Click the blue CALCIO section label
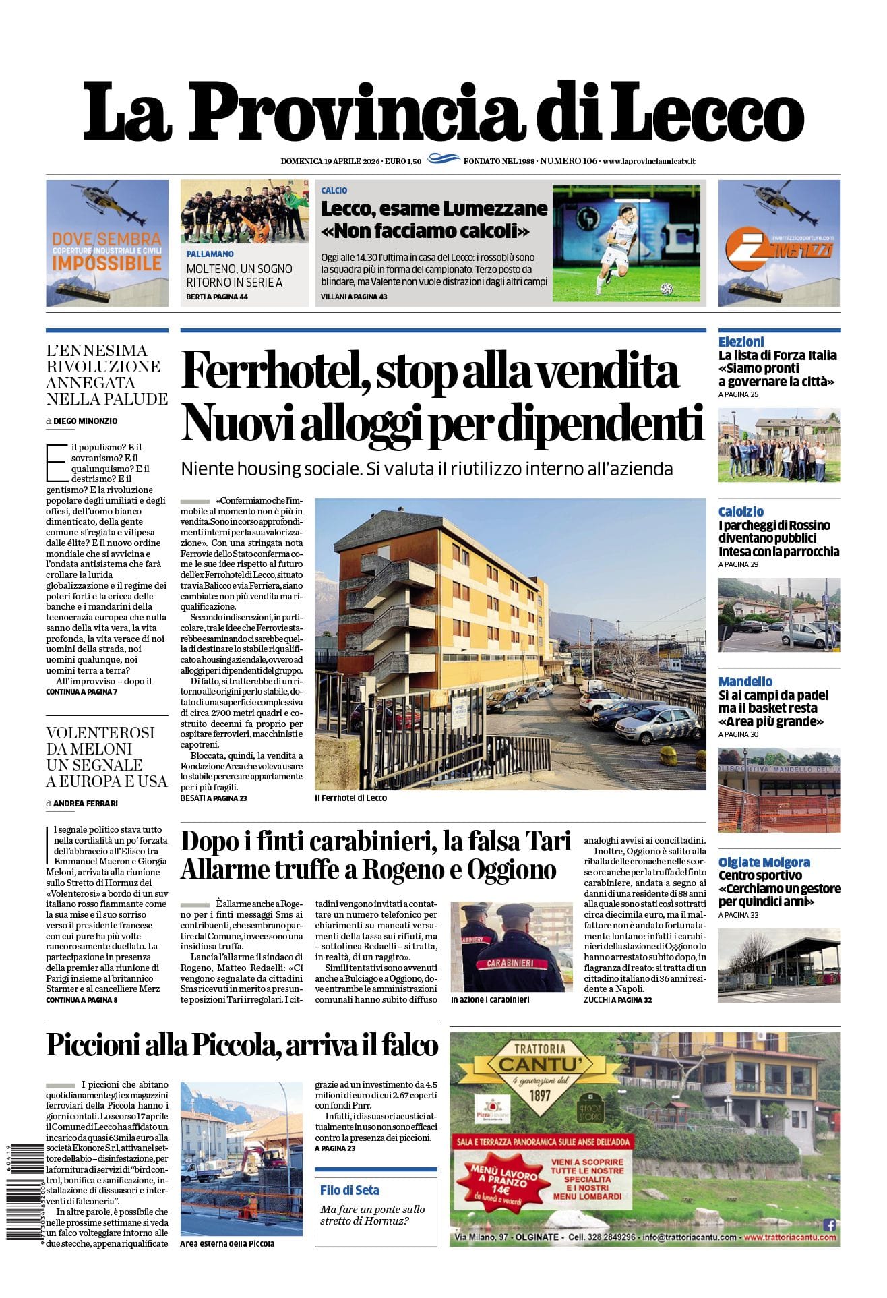(334, 191)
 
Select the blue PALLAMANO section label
(210, 254)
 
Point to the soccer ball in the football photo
(667, 289)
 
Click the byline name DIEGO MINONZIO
(85, 421)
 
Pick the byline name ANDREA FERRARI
(85, 804)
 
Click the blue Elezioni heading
(741, 342)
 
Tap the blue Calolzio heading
(741, 512)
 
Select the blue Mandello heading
(745, 682)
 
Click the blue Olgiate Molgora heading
(764, 862)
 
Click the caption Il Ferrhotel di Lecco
(350, 798)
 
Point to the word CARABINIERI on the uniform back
(510, 963)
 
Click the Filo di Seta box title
(349, 1190)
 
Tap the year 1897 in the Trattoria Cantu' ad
(539, 1095)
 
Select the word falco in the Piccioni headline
(410, 1045)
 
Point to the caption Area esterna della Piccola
(227, 1243)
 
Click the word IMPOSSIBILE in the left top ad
(106, 263)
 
